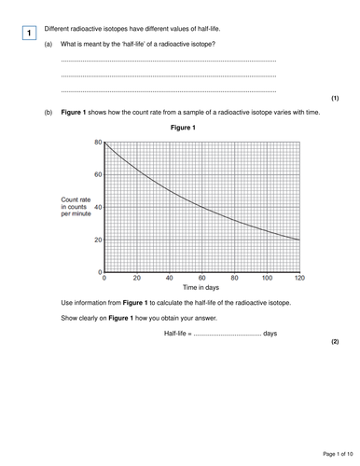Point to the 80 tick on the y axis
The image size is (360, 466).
[x=97, y=142]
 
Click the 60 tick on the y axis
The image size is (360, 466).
[x=97, y=174]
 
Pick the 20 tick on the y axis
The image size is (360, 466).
[x=97, y=240]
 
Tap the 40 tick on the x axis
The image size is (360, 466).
[x=169, y=279]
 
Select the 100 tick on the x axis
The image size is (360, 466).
[x=267, y=279]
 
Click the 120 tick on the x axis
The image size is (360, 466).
[x=299, y=279]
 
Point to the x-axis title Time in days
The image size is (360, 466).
[x=201, y=289]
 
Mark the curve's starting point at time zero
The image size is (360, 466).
[x=104, y=143]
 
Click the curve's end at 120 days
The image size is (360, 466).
[x=299, y=240]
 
